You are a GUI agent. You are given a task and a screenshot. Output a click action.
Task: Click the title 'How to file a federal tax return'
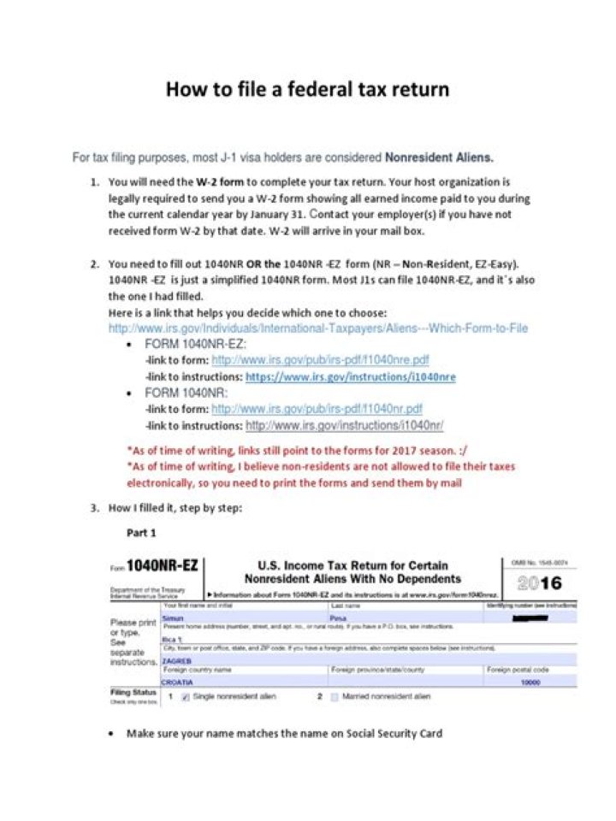pyautogui.click(x=307, y=89)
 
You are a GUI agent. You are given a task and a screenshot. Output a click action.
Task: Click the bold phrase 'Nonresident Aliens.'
pyautogui.click(x=439, y=157)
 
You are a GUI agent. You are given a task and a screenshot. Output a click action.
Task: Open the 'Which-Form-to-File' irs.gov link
pyautogui.click(x=317, y=328)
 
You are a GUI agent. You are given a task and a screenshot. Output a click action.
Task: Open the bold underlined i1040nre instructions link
pyautogui.click(x=350, y=376)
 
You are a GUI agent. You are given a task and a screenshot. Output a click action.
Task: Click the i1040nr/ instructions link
pyautogui.click(x=344, y=425)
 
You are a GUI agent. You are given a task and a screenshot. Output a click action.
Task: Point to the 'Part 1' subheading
pyautogui.click(x=142, y=533)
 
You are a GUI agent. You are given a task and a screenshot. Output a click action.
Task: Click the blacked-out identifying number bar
pyautogui.click(x=530, y=617)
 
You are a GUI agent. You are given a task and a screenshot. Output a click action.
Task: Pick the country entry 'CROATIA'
pyautogui.click(x=179, y=682)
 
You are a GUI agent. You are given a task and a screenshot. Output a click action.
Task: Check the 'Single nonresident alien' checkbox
pyautogui.click(x=186, y=698)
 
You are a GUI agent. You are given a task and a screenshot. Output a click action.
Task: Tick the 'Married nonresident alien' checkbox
pyautogui.click(x=334, y=698)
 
